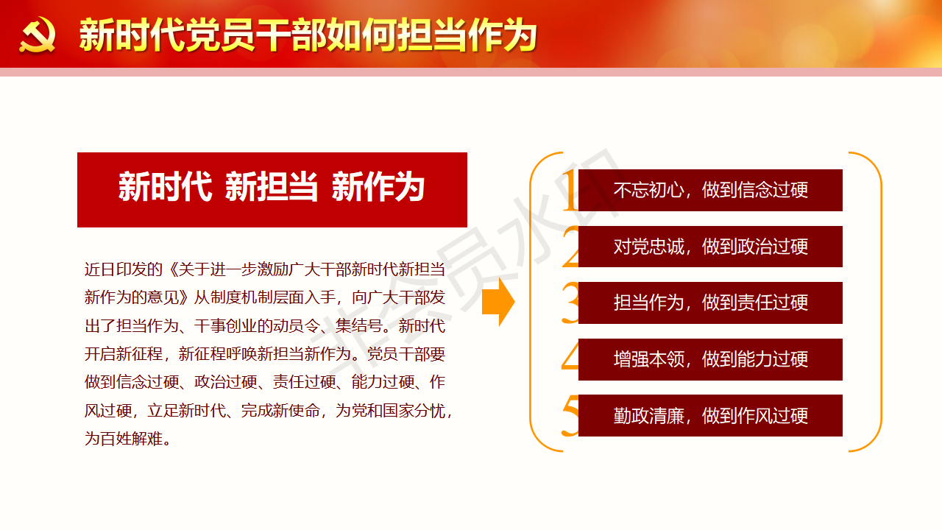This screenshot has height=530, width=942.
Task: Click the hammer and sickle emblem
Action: coord(37,35)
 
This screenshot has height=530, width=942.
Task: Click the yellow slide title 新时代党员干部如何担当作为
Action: coord(308,35)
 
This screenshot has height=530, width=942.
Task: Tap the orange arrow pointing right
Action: coord(498,302)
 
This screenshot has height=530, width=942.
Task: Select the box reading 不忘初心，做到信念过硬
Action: coord(710,190)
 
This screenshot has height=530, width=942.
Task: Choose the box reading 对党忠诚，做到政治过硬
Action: coord(710,247)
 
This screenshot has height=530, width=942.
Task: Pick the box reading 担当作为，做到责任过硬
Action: coord(710,303)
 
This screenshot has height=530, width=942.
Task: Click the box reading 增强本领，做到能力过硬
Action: coord(710,360)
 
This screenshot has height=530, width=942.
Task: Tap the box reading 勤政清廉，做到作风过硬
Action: coord(710,416)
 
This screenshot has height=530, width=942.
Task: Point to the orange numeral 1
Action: coord(570,190)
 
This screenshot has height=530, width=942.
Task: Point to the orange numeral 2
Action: coord(570,247)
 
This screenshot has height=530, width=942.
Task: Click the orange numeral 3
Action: coord(570,303)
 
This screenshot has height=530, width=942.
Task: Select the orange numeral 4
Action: coord(570,356)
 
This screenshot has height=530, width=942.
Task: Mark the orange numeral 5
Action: coord(570,416)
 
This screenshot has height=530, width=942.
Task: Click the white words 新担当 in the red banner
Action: coord(272,187)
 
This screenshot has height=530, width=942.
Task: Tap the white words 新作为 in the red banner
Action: coord(378,187)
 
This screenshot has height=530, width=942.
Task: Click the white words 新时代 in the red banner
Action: coord(165,187)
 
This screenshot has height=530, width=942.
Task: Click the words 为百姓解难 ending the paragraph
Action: coord(124,439)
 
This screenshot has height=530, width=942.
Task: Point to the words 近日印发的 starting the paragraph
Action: coord(124,269)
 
